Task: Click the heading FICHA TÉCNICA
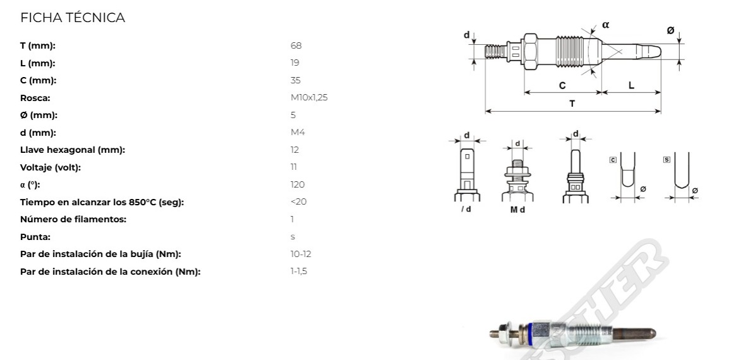point(72,18)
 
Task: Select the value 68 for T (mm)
point(296,45)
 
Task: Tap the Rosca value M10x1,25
point(309,98)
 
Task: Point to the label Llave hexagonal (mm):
point(73,150)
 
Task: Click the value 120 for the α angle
point(297,184)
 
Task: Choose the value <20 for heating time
point(299,202)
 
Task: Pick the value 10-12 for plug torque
point(301,254)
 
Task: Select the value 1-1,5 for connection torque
point(299,272)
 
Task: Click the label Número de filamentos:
point(73,219)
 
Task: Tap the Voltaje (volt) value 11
point(294,167)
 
